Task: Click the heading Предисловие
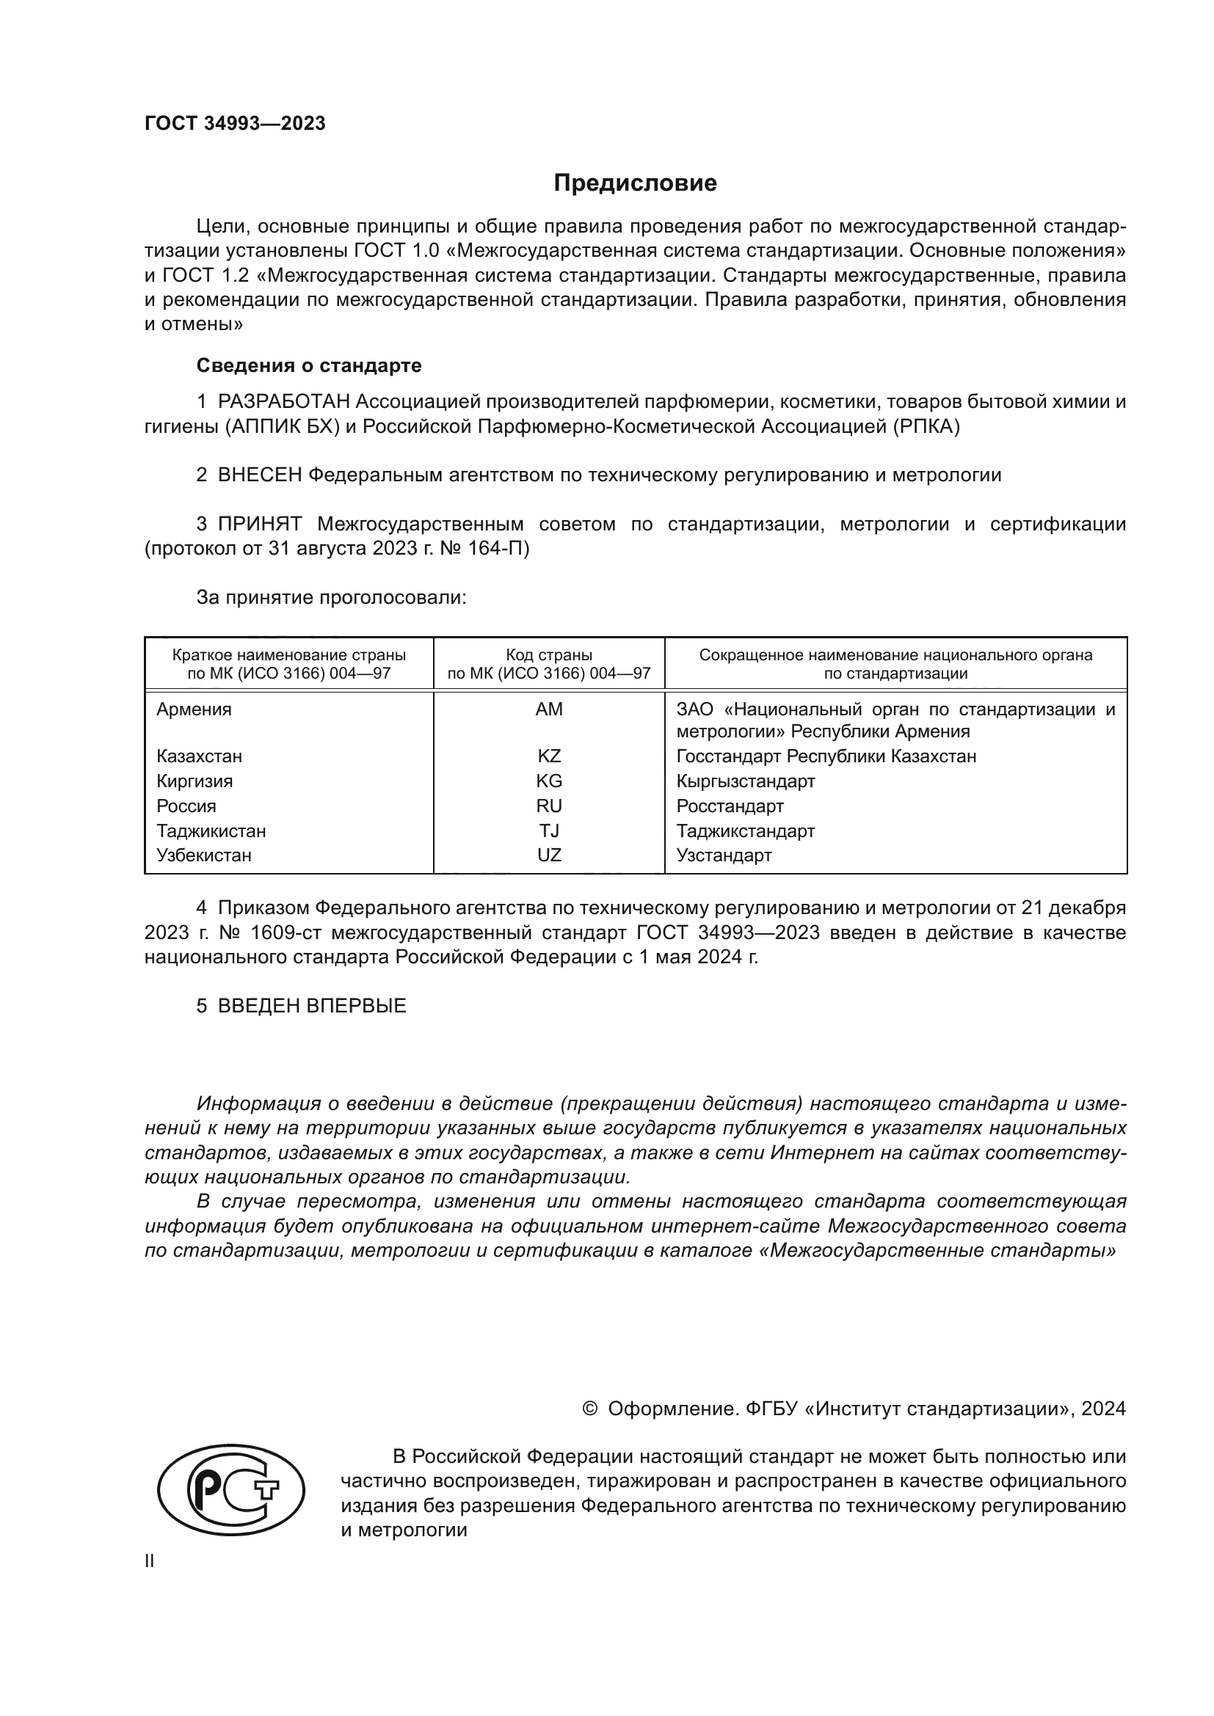click(x=635, y=183)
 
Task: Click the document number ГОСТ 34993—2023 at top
click(x=235, y=124)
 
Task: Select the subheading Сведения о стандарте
click(x=309, y=365)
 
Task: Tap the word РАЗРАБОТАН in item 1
click(x=283, y=402)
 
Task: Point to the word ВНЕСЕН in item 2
click(x=259, y=475)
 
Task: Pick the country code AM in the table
click(x=549, y=709)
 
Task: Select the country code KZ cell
click(x=549, y=756)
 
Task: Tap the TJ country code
click(x=549, y=830)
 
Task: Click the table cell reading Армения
click(x=194, y=709)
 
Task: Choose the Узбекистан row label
click(x=203, y=855)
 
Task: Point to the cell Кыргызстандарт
click(x=745, y=781)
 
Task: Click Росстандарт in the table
click(x=730, y=806)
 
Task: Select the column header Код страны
click(x=549, y=655)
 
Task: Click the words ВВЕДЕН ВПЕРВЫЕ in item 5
click(x=312, y=1005)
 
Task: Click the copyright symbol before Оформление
click(x=589, y=1409)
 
